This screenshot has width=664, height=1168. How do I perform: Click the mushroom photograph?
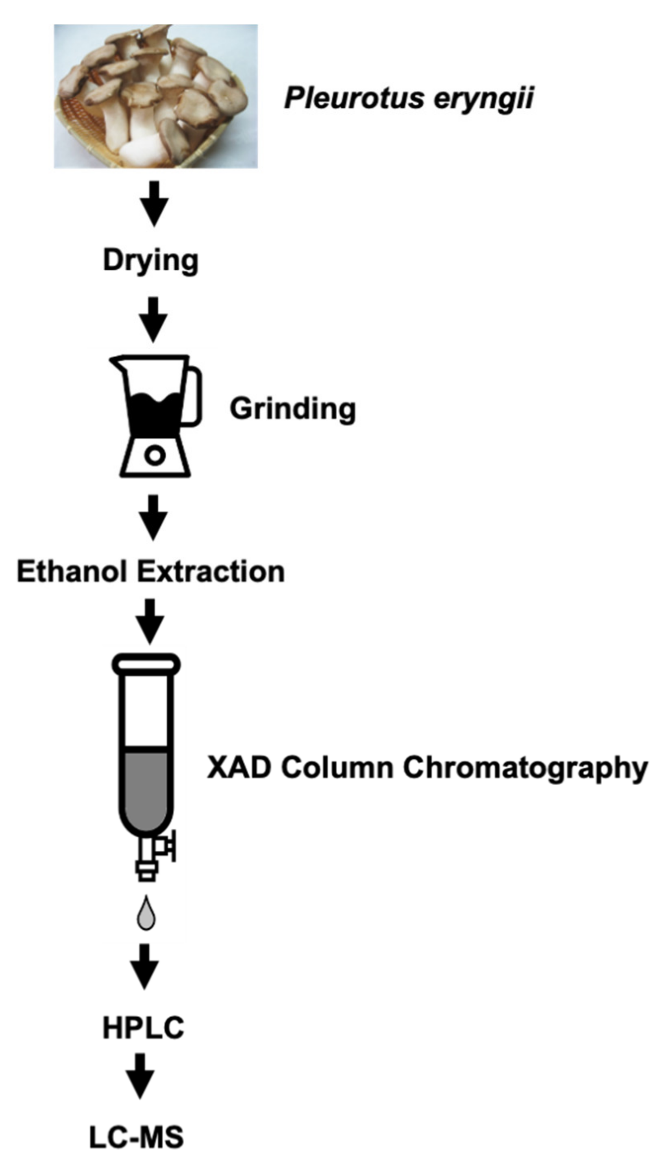155,96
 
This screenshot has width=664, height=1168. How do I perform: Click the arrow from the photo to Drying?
154,203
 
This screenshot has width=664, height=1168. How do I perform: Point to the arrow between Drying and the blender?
153,319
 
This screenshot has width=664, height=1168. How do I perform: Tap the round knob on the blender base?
155,455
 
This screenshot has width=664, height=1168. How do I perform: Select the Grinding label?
292,408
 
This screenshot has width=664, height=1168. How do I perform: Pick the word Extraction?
211,571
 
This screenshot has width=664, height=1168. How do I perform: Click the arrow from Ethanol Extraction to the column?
150,621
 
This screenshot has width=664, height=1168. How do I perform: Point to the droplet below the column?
146,913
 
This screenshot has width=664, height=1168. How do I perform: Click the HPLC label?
143,1028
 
